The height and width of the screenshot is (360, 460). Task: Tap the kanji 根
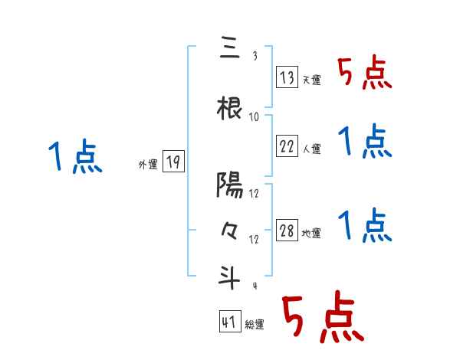tap(230, 109)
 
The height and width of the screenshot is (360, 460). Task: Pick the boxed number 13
tap(286, 77)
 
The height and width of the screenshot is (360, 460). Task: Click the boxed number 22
tap(286, 146)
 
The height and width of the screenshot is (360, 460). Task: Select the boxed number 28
tap(286, 231)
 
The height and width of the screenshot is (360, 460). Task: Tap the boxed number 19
tap(173, 162)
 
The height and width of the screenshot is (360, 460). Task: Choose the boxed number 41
tap(229, 322)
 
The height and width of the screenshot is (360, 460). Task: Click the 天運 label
tap(311, 80)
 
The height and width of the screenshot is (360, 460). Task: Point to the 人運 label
tap(311, 149)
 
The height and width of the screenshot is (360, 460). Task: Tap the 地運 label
tap(311, 234)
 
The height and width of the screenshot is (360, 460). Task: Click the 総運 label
tap(255, 325)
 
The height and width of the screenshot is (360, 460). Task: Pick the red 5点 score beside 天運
tap(364, 74)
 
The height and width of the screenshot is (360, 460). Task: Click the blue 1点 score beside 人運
tap(364, 141)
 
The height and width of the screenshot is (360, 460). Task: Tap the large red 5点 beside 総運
tap(322, 319)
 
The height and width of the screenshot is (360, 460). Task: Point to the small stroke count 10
tap(255, 116)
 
